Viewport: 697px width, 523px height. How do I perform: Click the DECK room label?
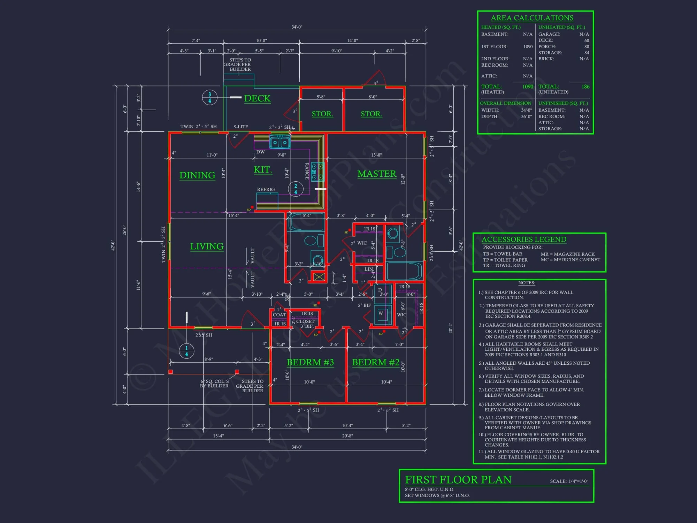(257, 99)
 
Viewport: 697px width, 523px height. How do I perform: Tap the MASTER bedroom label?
(377, 174)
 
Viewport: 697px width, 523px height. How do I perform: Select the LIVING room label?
(207, 247)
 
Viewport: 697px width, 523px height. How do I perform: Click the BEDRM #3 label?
(310, 363)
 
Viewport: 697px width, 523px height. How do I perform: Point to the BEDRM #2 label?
(376, 363)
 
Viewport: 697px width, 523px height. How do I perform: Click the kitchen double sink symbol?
(280, 142)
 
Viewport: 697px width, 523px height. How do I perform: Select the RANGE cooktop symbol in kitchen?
(317, 172)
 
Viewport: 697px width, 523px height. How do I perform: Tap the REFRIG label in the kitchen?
(266, 189)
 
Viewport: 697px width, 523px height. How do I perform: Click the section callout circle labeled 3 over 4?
(209, 98)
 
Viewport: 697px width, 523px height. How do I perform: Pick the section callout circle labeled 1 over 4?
(186, 351)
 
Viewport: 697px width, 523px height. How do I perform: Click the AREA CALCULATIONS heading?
(532, 18)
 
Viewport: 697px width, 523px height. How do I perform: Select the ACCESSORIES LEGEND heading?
(524, 240)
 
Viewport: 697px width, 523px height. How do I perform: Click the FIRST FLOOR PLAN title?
(458, 480)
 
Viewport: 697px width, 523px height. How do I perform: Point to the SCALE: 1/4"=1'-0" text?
(569, 481)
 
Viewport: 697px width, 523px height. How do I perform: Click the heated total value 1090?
(528, 86)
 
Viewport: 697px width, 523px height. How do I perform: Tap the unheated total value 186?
(585, 86)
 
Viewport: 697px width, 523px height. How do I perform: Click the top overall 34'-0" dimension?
(297, 27)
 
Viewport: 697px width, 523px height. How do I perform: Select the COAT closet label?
(279, 315)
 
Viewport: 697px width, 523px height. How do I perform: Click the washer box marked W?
(381, 313)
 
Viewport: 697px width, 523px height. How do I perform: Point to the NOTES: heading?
(526, 283)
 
